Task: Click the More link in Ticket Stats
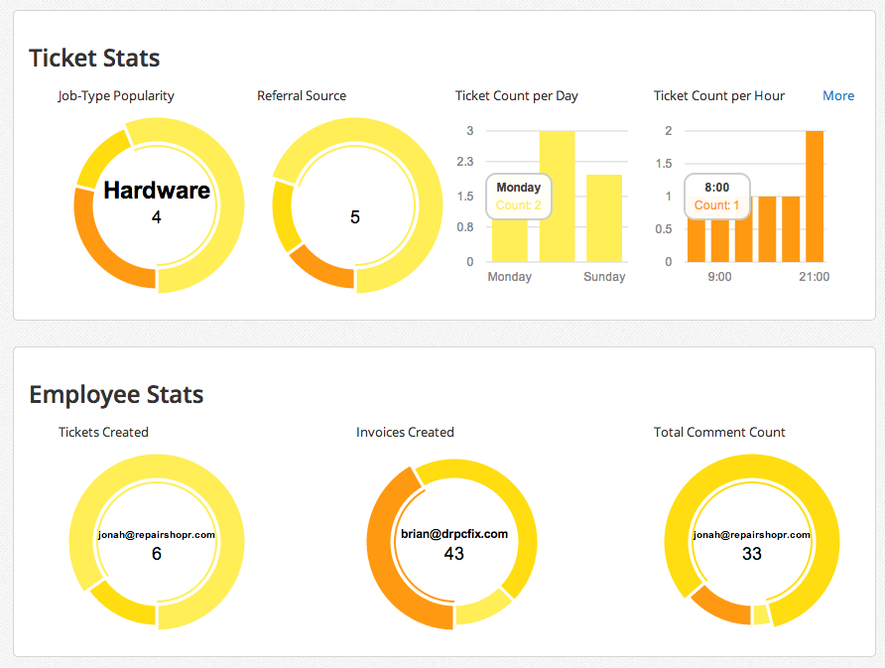[x=837, y=96]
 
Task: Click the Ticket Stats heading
[x=94, y=59]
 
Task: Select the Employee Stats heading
[x=116, y=395]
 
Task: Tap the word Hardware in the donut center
[x=157, y=191]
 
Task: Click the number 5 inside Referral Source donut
[x=355, y=217]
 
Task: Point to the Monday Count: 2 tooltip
[x=519, y=197]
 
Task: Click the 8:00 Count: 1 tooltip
[x=716, y=197]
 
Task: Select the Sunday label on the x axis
[x=604, y=277]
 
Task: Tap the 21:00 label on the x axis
[x=814, y=277]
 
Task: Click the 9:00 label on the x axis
[x=719, y=277]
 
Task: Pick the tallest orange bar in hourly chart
[x=815, y=197]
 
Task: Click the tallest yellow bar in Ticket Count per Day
[x=557, y=197]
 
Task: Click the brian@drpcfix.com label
[x=454, y=534]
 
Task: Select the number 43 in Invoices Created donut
[x=454, y=554]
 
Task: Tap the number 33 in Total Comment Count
[x=752, y=554]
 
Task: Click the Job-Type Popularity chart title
[x=116, y=96]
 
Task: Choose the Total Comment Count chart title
[x=719, y=433]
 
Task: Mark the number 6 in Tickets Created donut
[x=157, y=554]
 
